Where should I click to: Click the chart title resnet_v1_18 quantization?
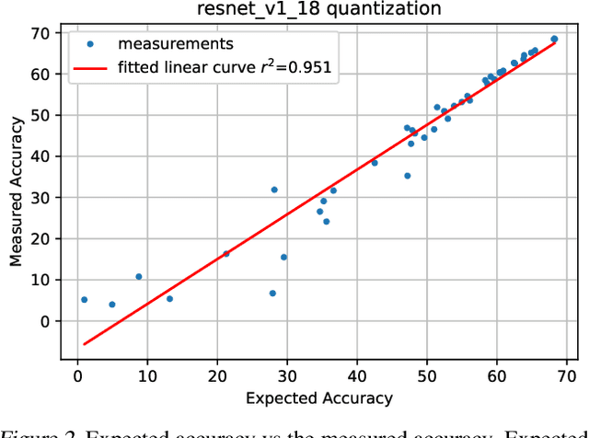[324, 10]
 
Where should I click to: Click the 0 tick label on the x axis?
[77, 375]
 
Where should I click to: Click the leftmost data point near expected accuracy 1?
[84, 300]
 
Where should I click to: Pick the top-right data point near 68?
[554, 40]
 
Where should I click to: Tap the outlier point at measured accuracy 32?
[274, 190]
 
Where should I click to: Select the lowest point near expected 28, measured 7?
[272, 294]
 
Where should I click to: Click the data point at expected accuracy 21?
[226, 254]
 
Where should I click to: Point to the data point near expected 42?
[375, 163]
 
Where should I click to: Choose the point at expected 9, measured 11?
[139, 277]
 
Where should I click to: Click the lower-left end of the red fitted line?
[84, 344]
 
